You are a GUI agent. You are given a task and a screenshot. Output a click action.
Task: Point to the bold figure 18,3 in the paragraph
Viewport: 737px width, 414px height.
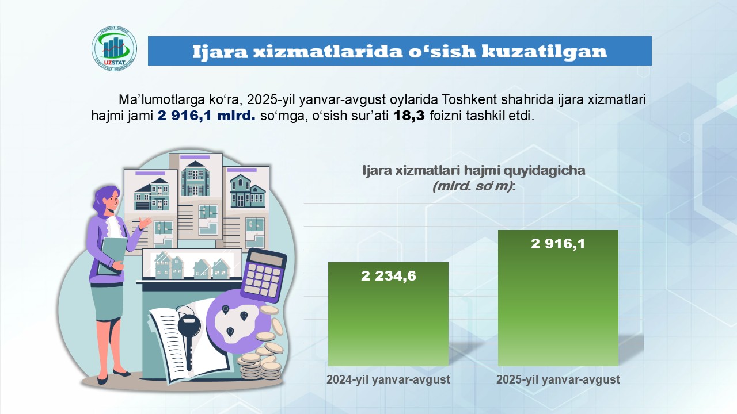[x=409, y=116]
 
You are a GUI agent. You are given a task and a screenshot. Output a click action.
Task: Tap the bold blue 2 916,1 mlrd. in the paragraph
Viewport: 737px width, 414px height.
[x=206, y=116]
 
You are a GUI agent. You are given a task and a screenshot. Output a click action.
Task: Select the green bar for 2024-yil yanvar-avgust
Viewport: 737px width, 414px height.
[x=388, y=314]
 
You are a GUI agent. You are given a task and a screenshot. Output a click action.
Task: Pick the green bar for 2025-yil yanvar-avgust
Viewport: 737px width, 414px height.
[x=558, y=298]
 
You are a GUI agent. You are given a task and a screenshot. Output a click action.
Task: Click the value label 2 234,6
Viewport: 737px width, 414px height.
[x=389, y=276]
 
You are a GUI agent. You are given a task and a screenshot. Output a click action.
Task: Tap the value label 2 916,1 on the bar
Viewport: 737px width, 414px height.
[x=558, y=244]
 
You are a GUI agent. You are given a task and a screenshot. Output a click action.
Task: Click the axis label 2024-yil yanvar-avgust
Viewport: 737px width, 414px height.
[x=388, y=379]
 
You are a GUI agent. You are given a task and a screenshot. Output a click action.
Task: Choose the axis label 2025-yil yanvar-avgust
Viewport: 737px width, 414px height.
[x=558, y=379]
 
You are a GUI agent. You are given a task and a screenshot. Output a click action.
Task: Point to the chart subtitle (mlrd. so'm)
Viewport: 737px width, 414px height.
[x=474, y=186]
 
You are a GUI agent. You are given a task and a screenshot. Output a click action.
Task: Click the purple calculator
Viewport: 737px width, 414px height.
[x=264, y=275]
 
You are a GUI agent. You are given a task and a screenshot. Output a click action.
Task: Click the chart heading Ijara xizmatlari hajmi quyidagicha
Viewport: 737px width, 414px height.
[x=474, y=171]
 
